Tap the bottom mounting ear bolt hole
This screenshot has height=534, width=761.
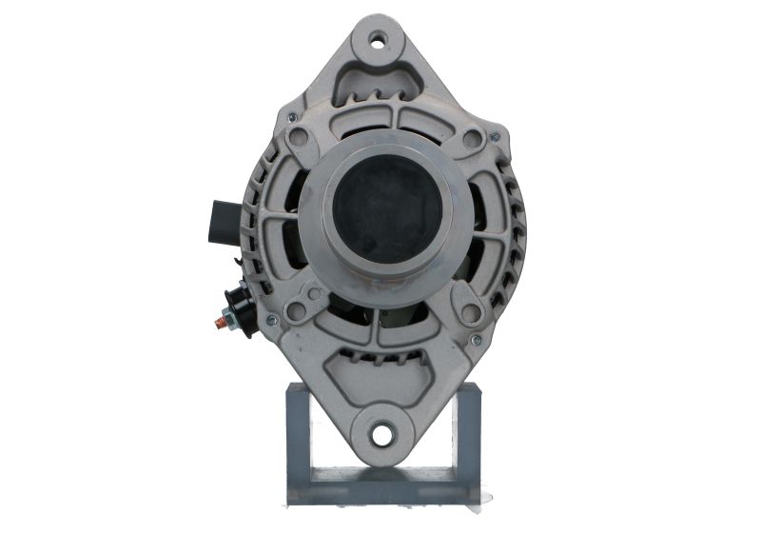pos(383,433)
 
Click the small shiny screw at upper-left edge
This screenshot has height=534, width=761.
pos(291,118)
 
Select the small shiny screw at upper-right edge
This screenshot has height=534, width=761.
pos(494,137)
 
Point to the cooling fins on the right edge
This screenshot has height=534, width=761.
pos(514,228)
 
